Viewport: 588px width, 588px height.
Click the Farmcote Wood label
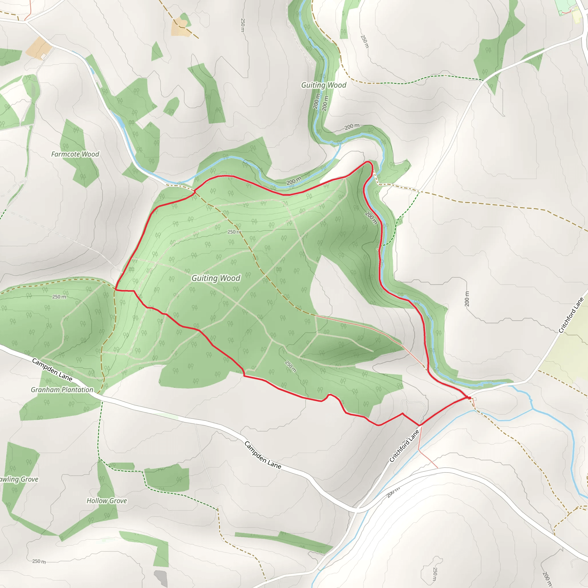click(75, 154)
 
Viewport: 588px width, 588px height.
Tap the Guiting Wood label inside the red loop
click(216, 278)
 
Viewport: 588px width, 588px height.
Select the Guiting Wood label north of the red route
click(324, 85)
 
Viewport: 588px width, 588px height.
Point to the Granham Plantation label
click(62, 390)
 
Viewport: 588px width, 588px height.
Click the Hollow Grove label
click(107, 501)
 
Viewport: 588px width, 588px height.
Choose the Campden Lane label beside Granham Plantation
click(52, 370)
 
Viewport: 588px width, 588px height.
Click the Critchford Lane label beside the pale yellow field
click(571, 315)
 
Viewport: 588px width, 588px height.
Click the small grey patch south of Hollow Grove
click(161, 578)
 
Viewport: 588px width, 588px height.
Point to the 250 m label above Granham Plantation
click(59, 297)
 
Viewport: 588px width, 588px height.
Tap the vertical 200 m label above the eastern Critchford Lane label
click(467, 299)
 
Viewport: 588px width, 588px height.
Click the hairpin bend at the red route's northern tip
click(370, 163)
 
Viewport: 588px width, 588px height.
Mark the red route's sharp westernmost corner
click(116, 290)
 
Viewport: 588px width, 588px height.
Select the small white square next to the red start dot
click(475, 399)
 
